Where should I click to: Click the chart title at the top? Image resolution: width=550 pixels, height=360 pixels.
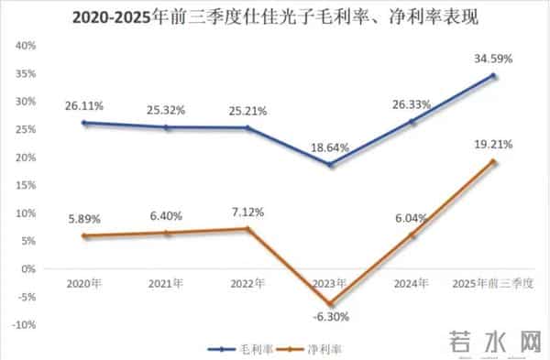pyautogui.click(x=275, y=16)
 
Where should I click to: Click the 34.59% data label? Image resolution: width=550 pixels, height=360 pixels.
pyautogui.click(x=492, y=58)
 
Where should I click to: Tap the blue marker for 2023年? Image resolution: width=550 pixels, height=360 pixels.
pyautogui.click(x=331, y=165)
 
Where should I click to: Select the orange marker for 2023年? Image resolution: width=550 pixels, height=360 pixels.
pyautogui.click(x=331, y=304)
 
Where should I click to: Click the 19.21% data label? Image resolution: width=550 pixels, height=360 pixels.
pyautogui.click(x=492, y=144)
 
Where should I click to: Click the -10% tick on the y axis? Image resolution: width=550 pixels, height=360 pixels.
pyautogui.click(x=21, y=325)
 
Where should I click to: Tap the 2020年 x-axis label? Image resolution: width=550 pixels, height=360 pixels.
pyautogui.click(x=84, y=283)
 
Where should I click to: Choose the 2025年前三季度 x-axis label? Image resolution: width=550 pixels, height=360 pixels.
pyautogui.click(x=492, y=283)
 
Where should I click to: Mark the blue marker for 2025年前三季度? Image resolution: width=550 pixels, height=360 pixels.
pyautogui.click(x=492, y=76)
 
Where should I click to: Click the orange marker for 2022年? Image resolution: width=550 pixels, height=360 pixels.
pyautogui.click(x=248, y=229)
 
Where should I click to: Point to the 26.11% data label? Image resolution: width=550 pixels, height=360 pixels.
pyautogui.click(x=84, y=104)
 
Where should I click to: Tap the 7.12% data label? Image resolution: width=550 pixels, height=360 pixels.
pyautogui.click(x=248, y=213)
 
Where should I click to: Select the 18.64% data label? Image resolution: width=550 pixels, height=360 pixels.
pyautogui.click(x=331, y=147)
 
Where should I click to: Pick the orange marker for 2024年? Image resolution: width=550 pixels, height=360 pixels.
pyautogui.click(x=412, y=235)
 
